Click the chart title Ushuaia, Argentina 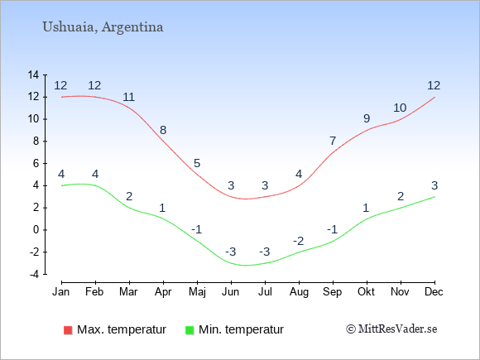(103, 27)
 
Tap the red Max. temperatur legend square (68, 330)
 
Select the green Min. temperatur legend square (190, 330)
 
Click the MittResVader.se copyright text (391, 329)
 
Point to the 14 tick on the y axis (33, 74)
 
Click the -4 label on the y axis (35, 274)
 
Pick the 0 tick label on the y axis (36, 230)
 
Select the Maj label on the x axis (197, 292)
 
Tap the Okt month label (366, 292)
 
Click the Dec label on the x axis (434, 292)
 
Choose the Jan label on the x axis (61, 292)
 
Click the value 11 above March (129, 97)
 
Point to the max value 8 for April (163, 130)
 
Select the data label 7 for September (333, 141)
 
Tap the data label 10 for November (400, 108)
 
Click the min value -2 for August (298, 241)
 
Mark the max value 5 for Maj (197, 163)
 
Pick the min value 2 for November (401, 196)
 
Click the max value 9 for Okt (367, 118)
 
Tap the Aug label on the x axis (299, 292)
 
